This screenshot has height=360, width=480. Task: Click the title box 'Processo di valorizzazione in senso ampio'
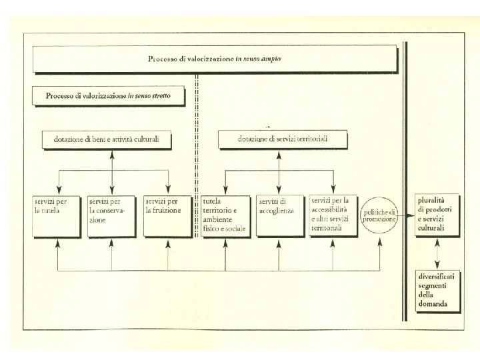(215, 59)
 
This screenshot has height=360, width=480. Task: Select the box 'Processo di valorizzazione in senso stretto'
(108, 96)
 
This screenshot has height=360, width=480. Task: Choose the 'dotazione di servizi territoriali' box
(283, 139)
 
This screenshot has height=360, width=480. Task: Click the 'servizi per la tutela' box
(58, 215)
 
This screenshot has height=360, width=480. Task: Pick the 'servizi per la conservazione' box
(112, 215)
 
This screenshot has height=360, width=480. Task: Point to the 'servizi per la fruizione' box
(167, 215)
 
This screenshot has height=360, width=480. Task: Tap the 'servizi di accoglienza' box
(279, 215)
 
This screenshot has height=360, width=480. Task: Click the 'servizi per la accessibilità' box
(333, 215)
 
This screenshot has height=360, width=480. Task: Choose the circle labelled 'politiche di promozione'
(379, 215)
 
